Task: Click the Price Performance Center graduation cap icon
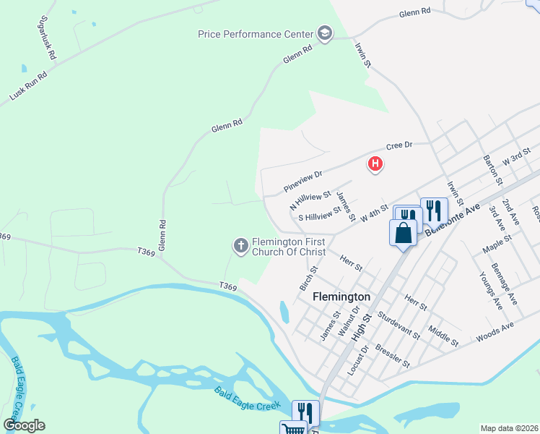[x=324, y=33]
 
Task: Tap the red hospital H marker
[x=375, y=164]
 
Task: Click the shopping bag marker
[x=404, y=233]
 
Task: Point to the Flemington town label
[x=341, y=297]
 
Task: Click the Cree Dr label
[x=399, y=145]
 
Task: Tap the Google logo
[x=24, y=425]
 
